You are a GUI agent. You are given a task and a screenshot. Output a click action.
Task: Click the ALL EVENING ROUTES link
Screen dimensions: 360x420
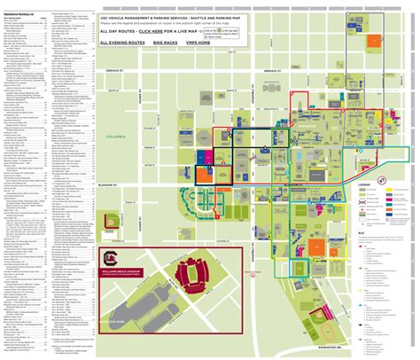click(x=123, y=42)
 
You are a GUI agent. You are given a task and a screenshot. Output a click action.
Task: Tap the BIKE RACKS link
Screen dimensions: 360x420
click(x=164, y=42)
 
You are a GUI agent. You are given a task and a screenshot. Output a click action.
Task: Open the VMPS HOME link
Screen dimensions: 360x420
click(x=196, y=42)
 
